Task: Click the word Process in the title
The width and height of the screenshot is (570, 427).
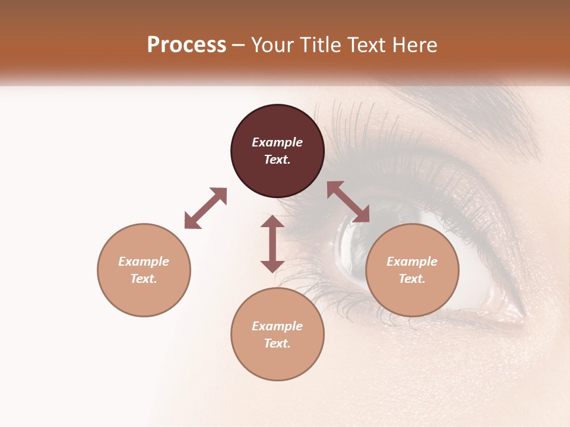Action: pyautogui.click(x=186, y=45)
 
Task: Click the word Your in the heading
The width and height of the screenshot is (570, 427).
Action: pyautogui.click(x=271, y=45)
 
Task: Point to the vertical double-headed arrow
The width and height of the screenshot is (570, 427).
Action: pyautogui.click(x=273, y=244)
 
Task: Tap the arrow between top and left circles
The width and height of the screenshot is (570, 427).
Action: pyautogui.click(x=205, y=208)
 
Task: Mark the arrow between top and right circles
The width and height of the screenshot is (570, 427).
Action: pyautogui.click(x=348, y=202)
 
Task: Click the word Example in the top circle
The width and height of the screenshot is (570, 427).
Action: pyautogui.click(x=277, y=142)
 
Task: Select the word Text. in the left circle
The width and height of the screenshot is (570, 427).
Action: pyautogui.click(x=144, y=279)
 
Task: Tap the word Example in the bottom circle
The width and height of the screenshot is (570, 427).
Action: pyautogui.click(x=277, y=326)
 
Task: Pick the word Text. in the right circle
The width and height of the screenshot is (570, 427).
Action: pyautogui.click(x=412, y=279)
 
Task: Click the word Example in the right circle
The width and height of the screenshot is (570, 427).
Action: pyautogui.click(x=412, y=262)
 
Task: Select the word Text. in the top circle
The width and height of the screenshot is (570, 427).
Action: pyautogui.click(x=277, y=160)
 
